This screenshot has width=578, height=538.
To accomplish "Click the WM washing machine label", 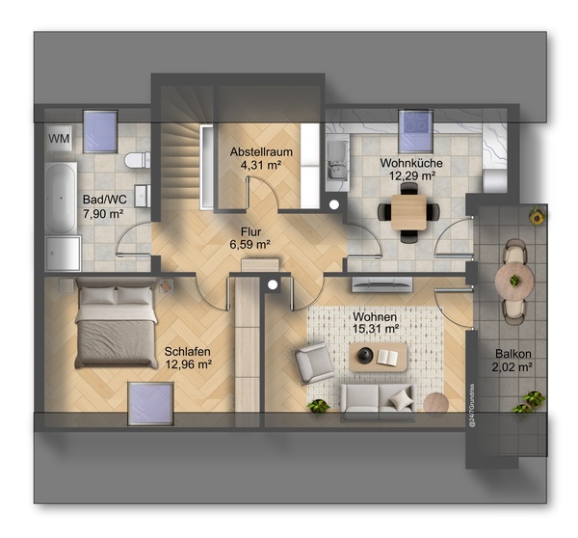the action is [x=59, y=139].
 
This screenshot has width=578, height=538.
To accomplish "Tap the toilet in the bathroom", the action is [x=137, y=160].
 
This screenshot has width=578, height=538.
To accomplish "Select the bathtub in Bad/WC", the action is [x=61, y=199].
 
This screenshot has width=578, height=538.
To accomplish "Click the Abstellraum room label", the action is [x=261, y=151].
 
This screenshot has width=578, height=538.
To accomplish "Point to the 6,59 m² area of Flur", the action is [x=250, y=244].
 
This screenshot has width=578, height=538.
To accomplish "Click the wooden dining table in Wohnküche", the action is [x=408, y=212].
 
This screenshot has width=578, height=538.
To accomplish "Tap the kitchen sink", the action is [x=338, y=165].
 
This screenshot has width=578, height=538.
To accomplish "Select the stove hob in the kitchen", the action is [x=416, y=131].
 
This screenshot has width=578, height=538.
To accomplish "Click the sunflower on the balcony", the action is [x=537, y=217].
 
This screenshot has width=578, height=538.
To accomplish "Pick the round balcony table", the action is [x=514, y=281].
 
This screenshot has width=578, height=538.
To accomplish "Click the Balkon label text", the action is [x=513, y=354].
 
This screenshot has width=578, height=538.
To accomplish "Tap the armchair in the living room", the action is [x=314, y=363].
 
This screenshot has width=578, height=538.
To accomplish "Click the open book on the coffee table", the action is [x=387, y=357].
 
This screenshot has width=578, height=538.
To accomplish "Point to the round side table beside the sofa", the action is [x=435, y=404].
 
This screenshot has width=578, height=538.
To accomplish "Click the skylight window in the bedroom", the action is [x=150, y=404].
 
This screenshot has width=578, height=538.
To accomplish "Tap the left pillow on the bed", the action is [x=97, y=296].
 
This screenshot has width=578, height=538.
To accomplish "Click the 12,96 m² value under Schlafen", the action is [x=188, y=364].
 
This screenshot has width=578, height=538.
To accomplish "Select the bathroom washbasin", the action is [x=143, y=196].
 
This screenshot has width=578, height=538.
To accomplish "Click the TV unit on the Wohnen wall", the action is [x=381, y=284].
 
